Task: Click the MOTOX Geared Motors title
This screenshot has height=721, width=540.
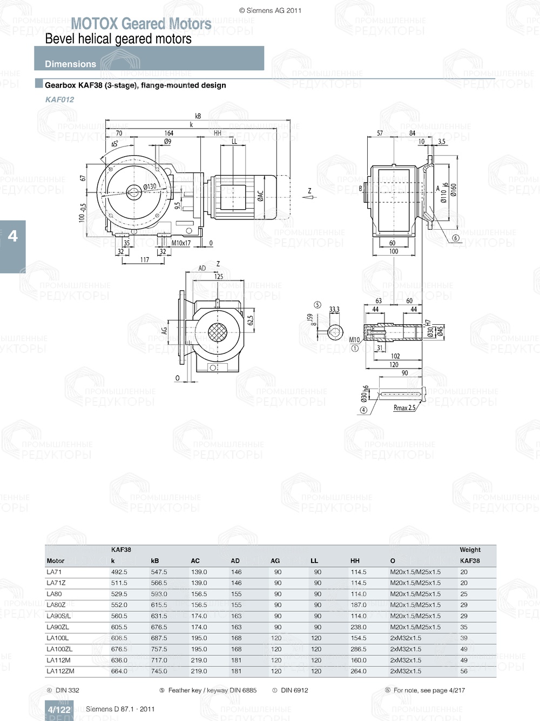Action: coord(141,24)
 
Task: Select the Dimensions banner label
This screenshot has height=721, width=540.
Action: coord(70,64)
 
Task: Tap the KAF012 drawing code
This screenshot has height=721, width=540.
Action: coord(59,99)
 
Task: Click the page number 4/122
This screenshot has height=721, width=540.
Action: coord(59,710)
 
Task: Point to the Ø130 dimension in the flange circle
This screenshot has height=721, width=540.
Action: coord(150,186)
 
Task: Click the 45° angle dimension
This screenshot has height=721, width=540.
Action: coord(114,144)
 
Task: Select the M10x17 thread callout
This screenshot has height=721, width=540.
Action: coord(181,243)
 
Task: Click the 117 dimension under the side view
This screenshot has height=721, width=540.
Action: coord(145,260)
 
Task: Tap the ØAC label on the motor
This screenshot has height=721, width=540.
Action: coord(260,196)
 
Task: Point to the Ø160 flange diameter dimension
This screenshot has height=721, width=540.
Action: coord(453,190)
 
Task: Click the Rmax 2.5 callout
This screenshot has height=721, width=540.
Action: coord(404,408)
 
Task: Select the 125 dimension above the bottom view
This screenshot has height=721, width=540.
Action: coord(218,276)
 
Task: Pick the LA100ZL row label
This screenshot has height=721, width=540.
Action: coord(59,649)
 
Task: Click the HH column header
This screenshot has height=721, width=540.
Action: coord(355,561)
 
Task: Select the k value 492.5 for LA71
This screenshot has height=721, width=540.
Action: coord(119,572)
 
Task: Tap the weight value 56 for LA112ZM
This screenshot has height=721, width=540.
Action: coord(464,671)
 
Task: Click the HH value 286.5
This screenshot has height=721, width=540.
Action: coord(359,649)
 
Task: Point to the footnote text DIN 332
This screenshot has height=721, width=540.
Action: coord(67,690)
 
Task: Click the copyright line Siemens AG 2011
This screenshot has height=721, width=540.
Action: coord(270,10)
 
